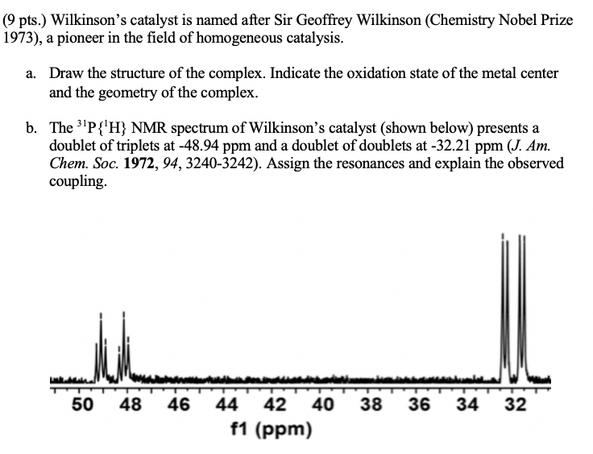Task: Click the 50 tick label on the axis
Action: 84,404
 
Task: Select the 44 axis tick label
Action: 228,404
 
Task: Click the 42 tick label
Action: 276,404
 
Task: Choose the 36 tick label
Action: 419,404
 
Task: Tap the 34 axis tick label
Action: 467,404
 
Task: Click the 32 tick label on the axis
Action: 515,404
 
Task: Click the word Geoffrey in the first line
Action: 267,19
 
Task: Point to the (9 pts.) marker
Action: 26,19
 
